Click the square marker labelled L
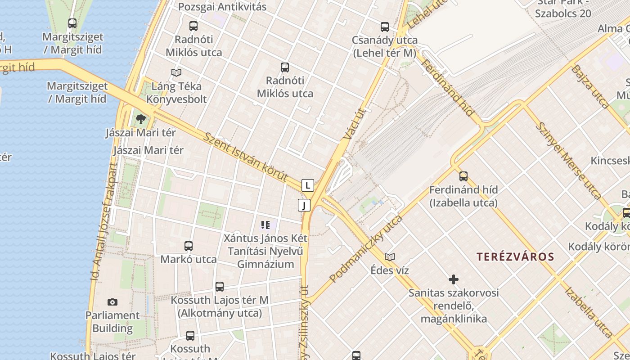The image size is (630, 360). [308, 185]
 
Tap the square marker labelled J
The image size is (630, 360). [304, 206]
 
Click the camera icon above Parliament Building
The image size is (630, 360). [112, 302]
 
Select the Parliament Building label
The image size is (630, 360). [112, 322]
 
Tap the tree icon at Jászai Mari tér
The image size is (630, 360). [141, 119]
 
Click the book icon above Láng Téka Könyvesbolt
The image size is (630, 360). [176, 72]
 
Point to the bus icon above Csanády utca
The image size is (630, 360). [384, 27]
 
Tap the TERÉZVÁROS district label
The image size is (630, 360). [515, 257]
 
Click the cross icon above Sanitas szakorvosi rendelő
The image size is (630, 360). [454, 279]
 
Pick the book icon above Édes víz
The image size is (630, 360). [390, 257]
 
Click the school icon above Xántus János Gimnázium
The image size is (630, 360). [265, 225]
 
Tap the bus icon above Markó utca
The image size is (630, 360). [189, 246]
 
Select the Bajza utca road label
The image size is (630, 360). [590, 87]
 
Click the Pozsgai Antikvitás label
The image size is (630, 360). [222, 7]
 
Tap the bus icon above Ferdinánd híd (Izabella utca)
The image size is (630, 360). [463, 176]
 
